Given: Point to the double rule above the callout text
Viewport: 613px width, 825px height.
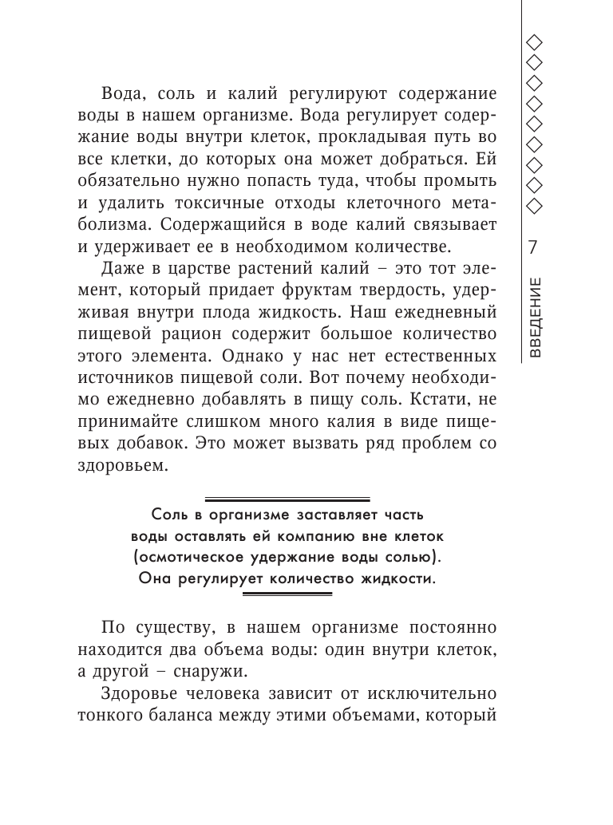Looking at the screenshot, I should (287, 498).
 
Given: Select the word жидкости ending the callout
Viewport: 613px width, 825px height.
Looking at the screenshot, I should (399, 578).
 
